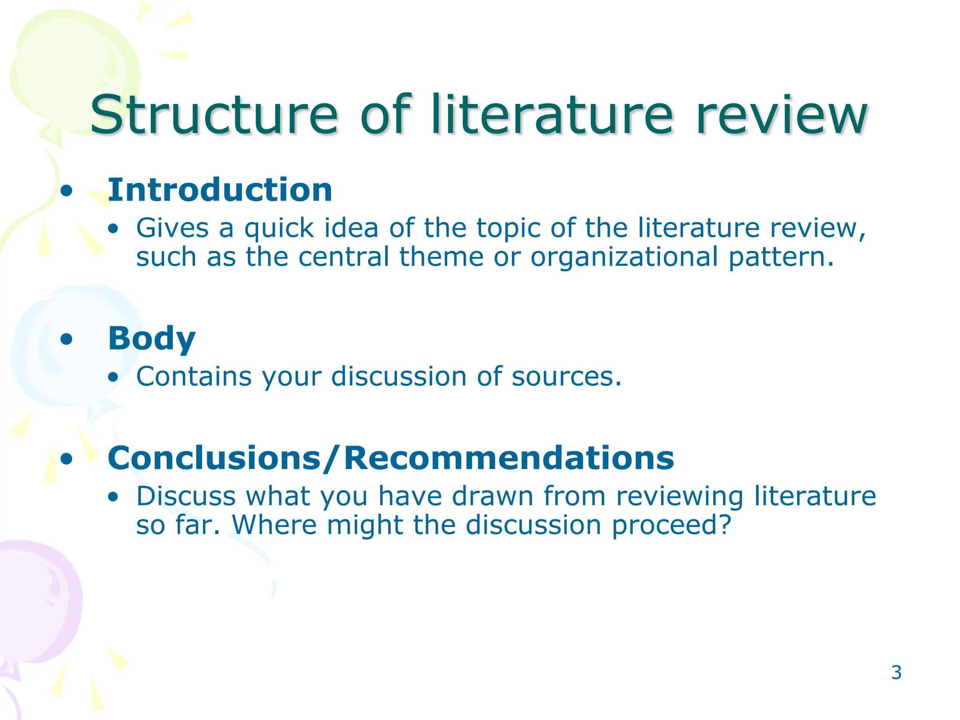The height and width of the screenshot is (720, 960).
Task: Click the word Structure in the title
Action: click(214, 115)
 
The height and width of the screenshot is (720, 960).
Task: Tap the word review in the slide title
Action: click(781, 115)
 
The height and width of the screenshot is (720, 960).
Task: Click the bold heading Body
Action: click(151, 338)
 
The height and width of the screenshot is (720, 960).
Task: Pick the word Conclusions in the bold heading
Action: click(214, 458)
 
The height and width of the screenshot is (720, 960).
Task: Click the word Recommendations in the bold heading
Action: click(509, 458)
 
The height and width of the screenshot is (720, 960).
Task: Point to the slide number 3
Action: click(896, 673)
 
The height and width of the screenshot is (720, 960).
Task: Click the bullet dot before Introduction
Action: click(67, 191)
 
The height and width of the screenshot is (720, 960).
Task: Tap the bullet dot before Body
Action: click(67, 339)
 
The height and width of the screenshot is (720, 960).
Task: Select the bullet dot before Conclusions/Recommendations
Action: click(67, 459)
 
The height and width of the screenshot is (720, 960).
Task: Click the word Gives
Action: click(172, 229)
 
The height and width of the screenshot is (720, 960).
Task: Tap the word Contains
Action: click(194, 376)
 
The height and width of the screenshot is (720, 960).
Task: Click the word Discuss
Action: click(186, 496)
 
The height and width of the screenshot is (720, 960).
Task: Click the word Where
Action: click(274, 525)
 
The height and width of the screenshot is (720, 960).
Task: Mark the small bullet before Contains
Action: click(112, 377)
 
